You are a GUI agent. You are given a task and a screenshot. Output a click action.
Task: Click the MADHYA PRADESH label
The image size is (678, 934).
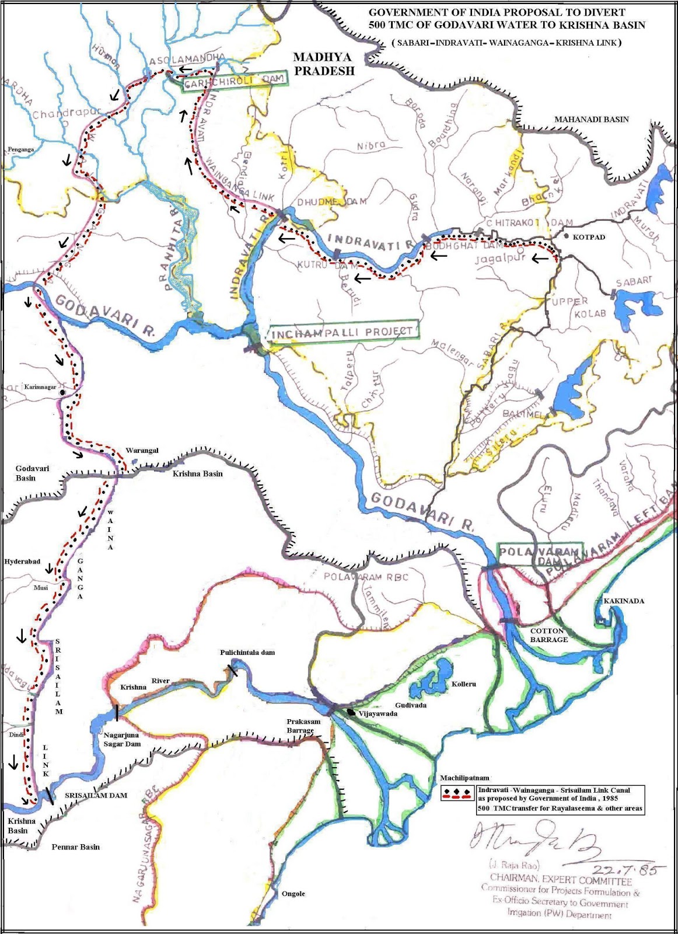tap(324, 64)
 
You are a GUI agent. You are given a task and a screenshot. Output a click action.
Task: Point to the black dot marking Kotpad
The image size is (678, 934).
tap(566, 236)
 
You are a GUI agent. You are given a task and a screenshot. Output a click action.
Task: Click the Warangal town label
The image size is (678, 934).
tap(142, 451)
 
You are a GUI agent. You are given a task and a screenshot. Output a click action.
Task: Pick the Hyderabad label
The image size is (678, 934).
tap(22, 562)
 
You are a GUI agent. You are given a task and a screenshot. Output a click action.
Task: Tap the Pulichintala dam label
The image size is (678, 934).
tap(247, 653)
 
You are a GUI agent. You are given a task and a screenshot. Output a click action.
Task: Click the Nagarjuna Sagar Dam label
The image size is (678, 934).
tap(122, 739)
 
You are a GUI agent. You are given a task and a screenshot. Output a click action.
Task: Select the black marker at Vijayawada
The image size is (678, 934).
tap(350, 712)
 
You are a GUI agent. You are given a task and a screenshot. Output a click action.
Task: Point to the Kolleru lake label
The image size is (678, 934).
tap(464, 684)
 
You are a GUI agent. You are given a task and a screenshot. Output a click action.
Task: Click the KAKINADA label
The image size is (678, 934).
tap(624, 601)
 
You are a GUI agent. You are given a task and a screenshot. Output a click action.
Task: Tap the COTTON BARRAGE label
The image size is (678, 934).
tap(548, 635)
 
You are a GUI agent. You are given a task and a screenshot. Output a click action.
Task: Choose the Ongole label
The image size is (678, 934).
tap(293, 894)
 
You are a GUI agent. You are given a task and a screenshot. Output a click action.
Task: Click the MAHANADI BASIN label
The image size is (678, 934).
tap(591, 120)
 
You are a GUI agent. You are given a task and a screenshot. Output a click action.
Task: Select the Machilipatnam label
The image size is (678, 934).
tap(464, 778)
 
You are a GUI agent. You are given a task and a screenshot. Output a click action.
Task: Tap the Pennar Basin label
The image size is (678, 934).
tap(75, 847)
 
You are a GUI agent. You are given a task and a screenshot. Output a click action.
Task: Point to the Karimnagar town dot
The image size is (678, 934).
tap(62, 393)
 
